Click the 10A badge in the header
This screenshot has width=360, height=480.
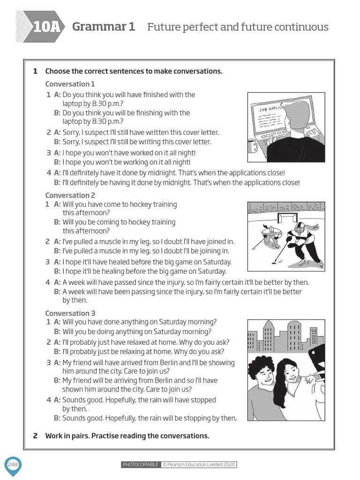click(46, 27)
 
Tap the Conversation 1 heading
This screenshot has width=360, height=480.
click(70, 84)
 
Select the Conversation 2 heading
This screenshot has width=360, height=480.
click(70, 195)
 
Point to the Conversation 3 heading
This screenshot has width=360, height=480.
click(70, 313)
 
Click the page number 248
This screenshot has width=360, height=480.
click(12, 464)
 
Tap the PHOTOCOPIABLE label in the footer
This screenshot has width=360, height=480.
click(140, 465)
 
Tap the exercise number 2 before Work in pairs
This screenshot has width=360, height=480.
click(35, 435)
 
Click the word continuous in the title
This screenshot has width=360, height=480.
click(300, 27)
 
